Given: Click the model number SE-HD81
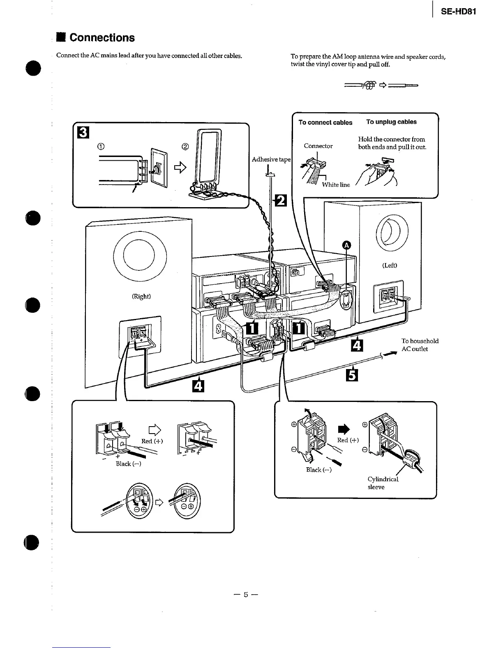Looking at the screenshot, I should [x=458, y=12].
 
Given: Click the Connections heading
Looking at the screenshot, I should [x=102, y=38].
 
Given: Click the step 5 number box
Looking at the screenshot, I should [x=352, y=375].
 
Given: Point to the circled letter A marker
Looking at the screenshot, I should [x=346, y=245].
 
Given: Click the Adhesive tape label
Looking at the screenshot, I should [x=271, y=159].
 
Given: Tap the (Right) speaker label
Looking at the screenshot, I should [x=141, y=296].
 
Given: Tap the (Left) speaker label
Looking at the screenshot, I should [x=389, y=265].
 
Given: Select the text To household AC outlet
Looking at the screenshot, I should [x=420, y=345].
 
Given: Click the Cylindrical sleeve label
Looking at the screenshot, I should [x=382, y=483].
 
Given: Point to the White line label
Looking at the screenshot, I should [x=336, y=185].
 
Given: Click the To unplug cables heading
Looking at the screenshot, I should [x=391, y=122].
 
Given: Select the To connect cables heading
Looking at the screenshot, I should [x=325, y=122].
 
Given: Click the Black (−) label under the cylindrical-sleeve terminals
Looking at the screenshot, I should [x=318, y=470].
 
